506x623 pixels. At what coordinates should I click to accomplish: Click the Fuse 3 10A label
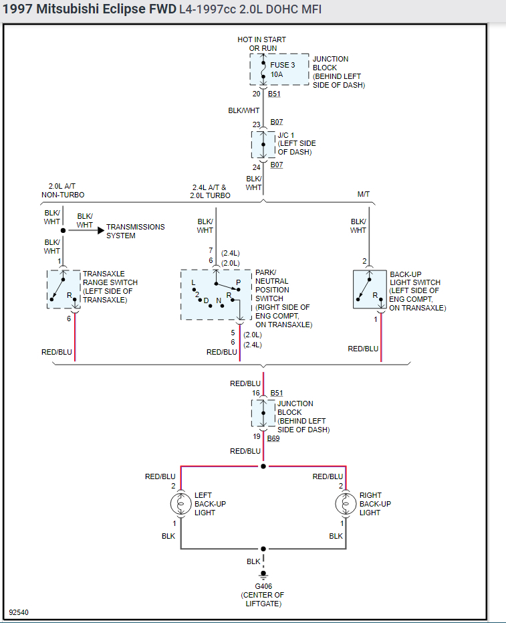(282, 70)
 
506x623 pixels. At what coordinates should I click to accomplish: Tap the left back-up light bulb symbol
(180, 503)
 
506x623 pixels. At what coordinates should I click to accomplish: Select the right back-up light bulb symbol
(346, 503)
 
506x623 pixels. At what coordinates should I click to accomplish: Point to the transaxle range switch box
(64, 289)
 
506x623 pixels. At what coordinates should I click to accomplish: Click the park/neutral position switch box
(216, 294)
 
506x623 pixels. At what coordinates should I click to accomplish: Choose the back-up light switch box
(370, 289)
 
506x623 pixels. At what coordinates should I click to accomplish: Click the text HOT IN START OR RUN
(261, 44)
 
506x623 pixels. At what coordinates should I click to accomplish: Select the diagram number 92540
(19, 612)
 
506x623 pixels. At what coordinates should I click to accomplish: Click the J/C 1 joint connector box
(263, 144)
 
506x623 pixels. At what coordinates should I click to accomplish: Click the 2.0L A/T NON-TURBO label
(63, 191)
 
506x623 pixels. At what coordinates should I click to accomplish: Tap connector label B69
(273, 439)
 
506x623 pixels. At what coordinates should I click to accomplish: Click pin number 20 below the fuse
(256, 94)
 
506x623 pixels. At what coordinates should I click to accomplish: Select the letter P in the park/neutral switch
(238, 282)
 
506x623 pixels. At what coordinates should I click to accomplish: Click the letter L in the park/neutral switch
(194, 282)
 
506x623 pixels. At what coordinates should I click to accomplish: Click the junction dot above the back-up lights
(263, 466)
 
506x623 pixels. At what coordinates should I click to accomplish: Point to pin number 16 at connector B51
(256, 393)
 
